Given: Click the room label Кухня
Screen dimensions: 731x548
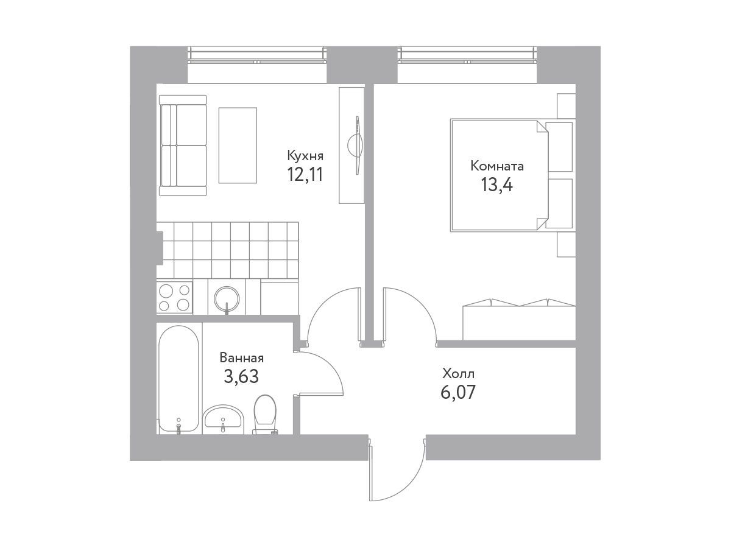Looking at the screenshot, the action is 305,156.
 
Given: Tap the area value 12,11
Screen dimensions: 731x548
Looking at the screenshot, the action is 305,175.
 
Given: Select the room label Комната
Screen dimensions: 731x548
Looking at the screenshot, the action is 497,166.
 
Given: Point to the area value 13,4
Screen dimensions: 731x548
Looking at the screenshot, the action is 496,184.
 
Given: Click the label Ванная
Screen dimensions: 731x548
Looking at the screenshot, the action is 242,358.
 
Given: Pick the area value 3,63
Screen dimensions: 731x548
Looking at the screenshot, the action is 241,377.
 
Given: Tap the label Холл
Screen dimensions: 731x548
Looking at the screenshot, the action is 458,374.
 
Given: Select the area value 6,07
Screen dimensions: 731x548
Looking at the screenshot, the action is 458,392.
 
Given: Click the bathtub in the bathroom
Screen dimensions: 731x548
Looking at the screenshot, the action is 179,379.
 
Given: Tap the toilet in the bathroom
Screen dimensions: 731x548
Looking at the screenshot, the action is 265,415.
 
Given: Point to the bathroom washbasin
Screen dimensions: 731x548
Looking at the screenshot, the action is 223,418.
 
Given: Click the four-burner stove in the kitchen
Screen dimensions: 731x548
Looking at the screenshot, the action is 174,297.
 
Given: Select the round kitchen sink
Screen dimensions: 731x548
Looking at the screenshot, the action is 227,298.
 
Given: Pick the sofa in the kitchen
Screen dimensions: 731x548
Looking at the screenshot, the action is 183,146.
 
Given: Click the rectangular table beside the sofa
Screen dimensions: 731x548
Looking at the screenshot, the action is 238,145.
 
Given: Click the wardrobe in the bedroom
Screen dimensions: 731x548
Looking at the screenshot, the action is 519,320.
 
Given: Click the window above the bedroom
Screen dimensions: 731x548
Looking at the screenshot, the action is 467,55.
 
